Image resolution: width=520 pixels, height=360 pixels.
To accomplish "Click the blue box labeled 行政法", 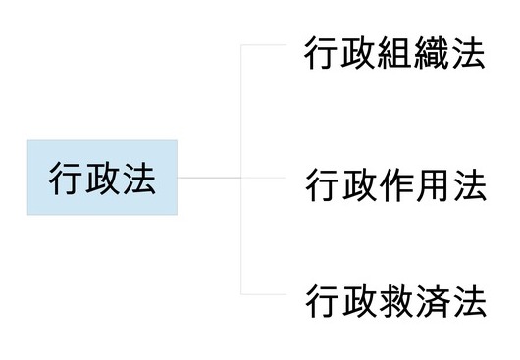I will (x=102, y=178).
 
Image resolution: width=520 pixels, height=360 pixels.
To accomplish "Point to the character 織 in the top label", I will (x=433, y=54).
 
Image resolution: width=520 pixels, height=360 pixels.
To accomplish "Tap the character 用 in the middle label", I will (x=433, y=185).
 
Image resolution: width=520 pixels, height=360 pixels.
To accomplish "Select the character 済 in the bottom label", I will (x=433, y=299).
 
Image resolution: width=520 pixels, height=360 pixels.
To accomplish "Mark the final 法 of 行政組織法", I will (x=469, y=54).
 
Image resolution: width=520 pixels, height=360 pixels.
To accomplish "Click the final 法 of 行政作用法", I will (x=469, y=185).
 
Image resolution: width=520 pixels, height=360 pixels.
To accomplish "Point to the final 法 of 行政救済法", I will (x=469, y=299).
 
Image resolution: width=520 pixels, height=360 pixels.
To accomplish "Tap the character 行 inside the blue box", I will (x=66, y=179).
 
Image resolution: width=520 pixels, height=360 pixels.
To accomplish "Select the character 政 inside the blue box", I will (x=102, y=179).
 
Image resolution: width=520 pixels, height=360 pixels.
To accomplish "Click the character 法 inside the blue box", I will (x=138, y=179).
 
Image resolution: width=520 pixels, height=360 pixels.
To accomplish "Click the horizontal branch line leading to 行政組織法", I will (x=263, y=45).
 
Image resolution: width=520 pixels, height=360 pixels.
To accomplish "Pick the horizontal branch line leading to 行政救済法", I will (x=263, y=294).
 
